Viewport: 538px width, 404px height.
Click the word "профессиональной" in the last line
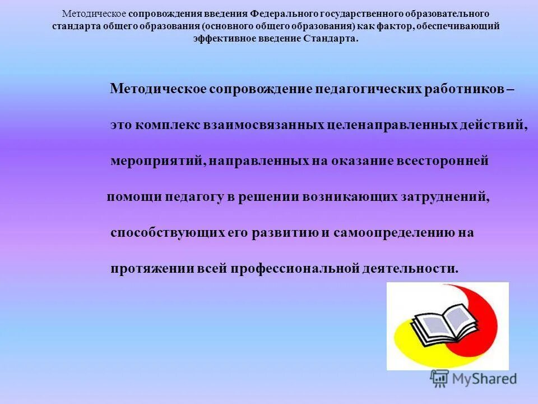[294, 268]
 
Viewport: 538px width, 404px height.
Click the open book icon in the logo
[438, 325]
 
